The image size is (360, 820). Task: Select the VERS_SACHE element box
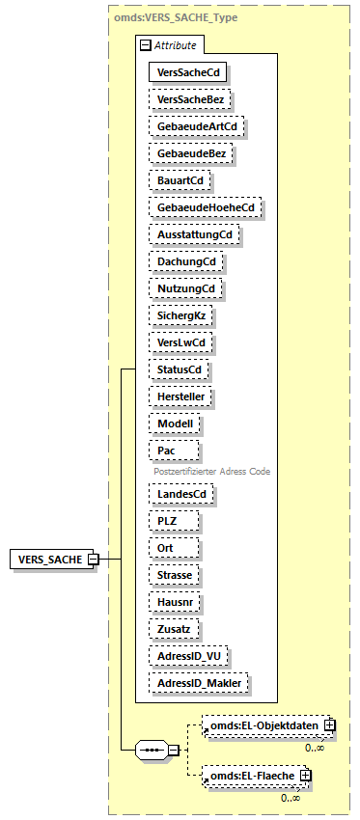point(50,559)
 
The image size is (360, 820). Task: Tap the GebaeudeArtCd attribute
point(197,125)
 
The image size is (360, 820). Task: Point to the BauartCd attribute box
point(180,179)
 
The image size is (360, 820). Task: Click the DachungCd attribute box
point(185,260)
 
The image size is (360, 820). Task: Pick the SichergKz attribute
point(180,314)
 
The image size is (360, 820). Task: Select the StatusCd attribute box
point(180,369)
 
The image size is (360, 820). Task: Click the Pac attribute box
point(174,450)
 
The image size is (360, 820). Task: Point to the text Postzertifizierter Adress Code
point(211,472)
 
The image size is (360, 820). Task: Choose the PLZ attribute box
point(174,520)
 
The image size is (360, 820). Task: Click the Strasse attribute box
point(175,574)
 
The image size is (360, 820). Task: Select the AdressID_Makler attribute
point(199,682)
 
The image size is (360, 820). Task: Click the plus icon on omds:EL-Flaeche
point(305,775)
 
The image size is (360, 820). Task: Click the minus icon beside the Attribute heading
point(145,44)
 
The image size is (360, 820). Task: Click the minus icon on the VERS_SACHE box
point(93,559)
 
